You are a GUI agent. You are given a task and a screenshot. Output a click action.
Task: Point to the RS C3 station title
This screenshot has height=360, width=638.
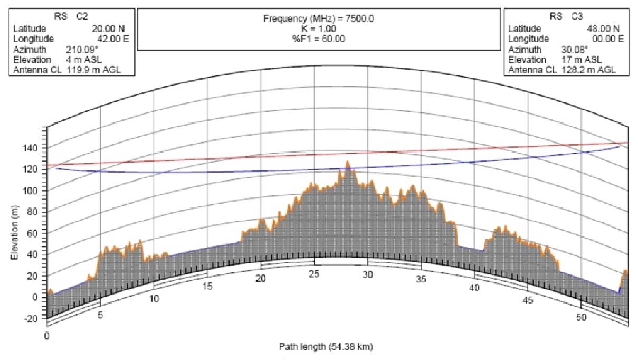coord(564,16)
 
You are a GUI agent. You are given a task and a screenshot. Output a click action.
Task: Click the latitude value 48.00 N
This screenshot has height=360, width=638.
coord(605,28)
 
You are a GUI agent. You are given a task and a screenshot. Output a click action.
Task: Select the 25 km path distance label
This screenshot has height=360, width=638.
coord(315,274)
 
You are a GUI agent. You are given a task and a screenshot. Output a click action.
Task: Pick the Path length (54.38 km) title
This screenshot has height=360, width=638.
coord(327,347)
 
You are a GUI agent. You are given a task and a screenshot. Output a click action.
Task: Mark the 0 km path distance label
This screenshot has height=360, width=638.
coord(46,336)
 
